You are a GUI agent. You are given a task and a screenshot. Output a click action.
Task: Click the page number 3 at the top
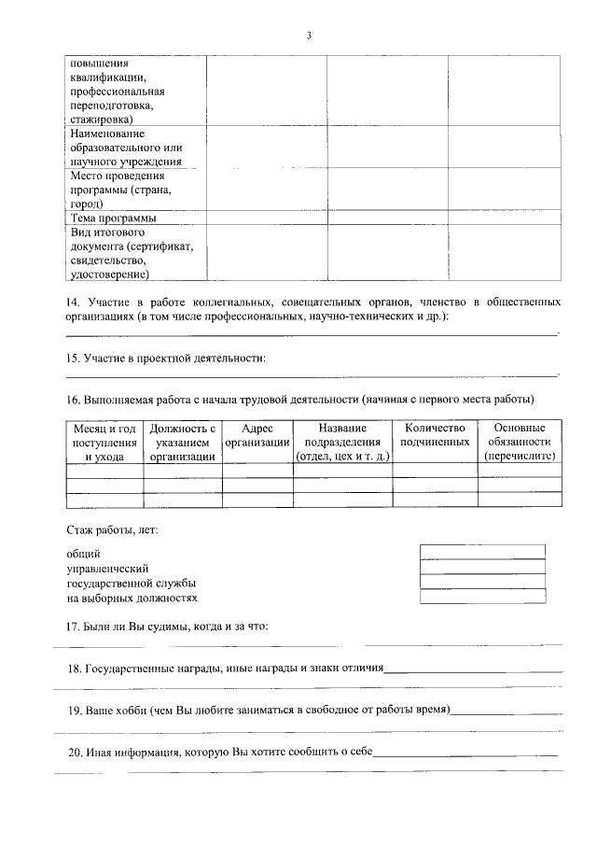point(309,35)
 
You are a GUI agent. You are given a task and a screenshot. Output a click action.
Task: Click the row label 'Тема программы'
point(113,218)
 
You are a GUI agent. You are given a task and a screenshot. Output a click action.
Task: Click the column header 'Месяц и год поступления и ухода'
point(104,443)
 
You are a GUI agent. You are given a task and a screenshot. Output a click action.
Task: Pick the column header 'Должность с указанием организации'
point(183,443)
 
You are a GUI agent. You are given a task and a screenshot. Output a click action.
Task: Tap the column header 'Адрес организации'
point(257,435)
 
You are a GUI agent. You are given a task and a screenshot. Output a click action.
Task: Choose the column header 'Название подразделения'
point(342,443)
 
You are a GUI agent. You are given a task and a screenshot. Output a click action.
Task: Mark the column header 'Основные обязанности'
point(520,443)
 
